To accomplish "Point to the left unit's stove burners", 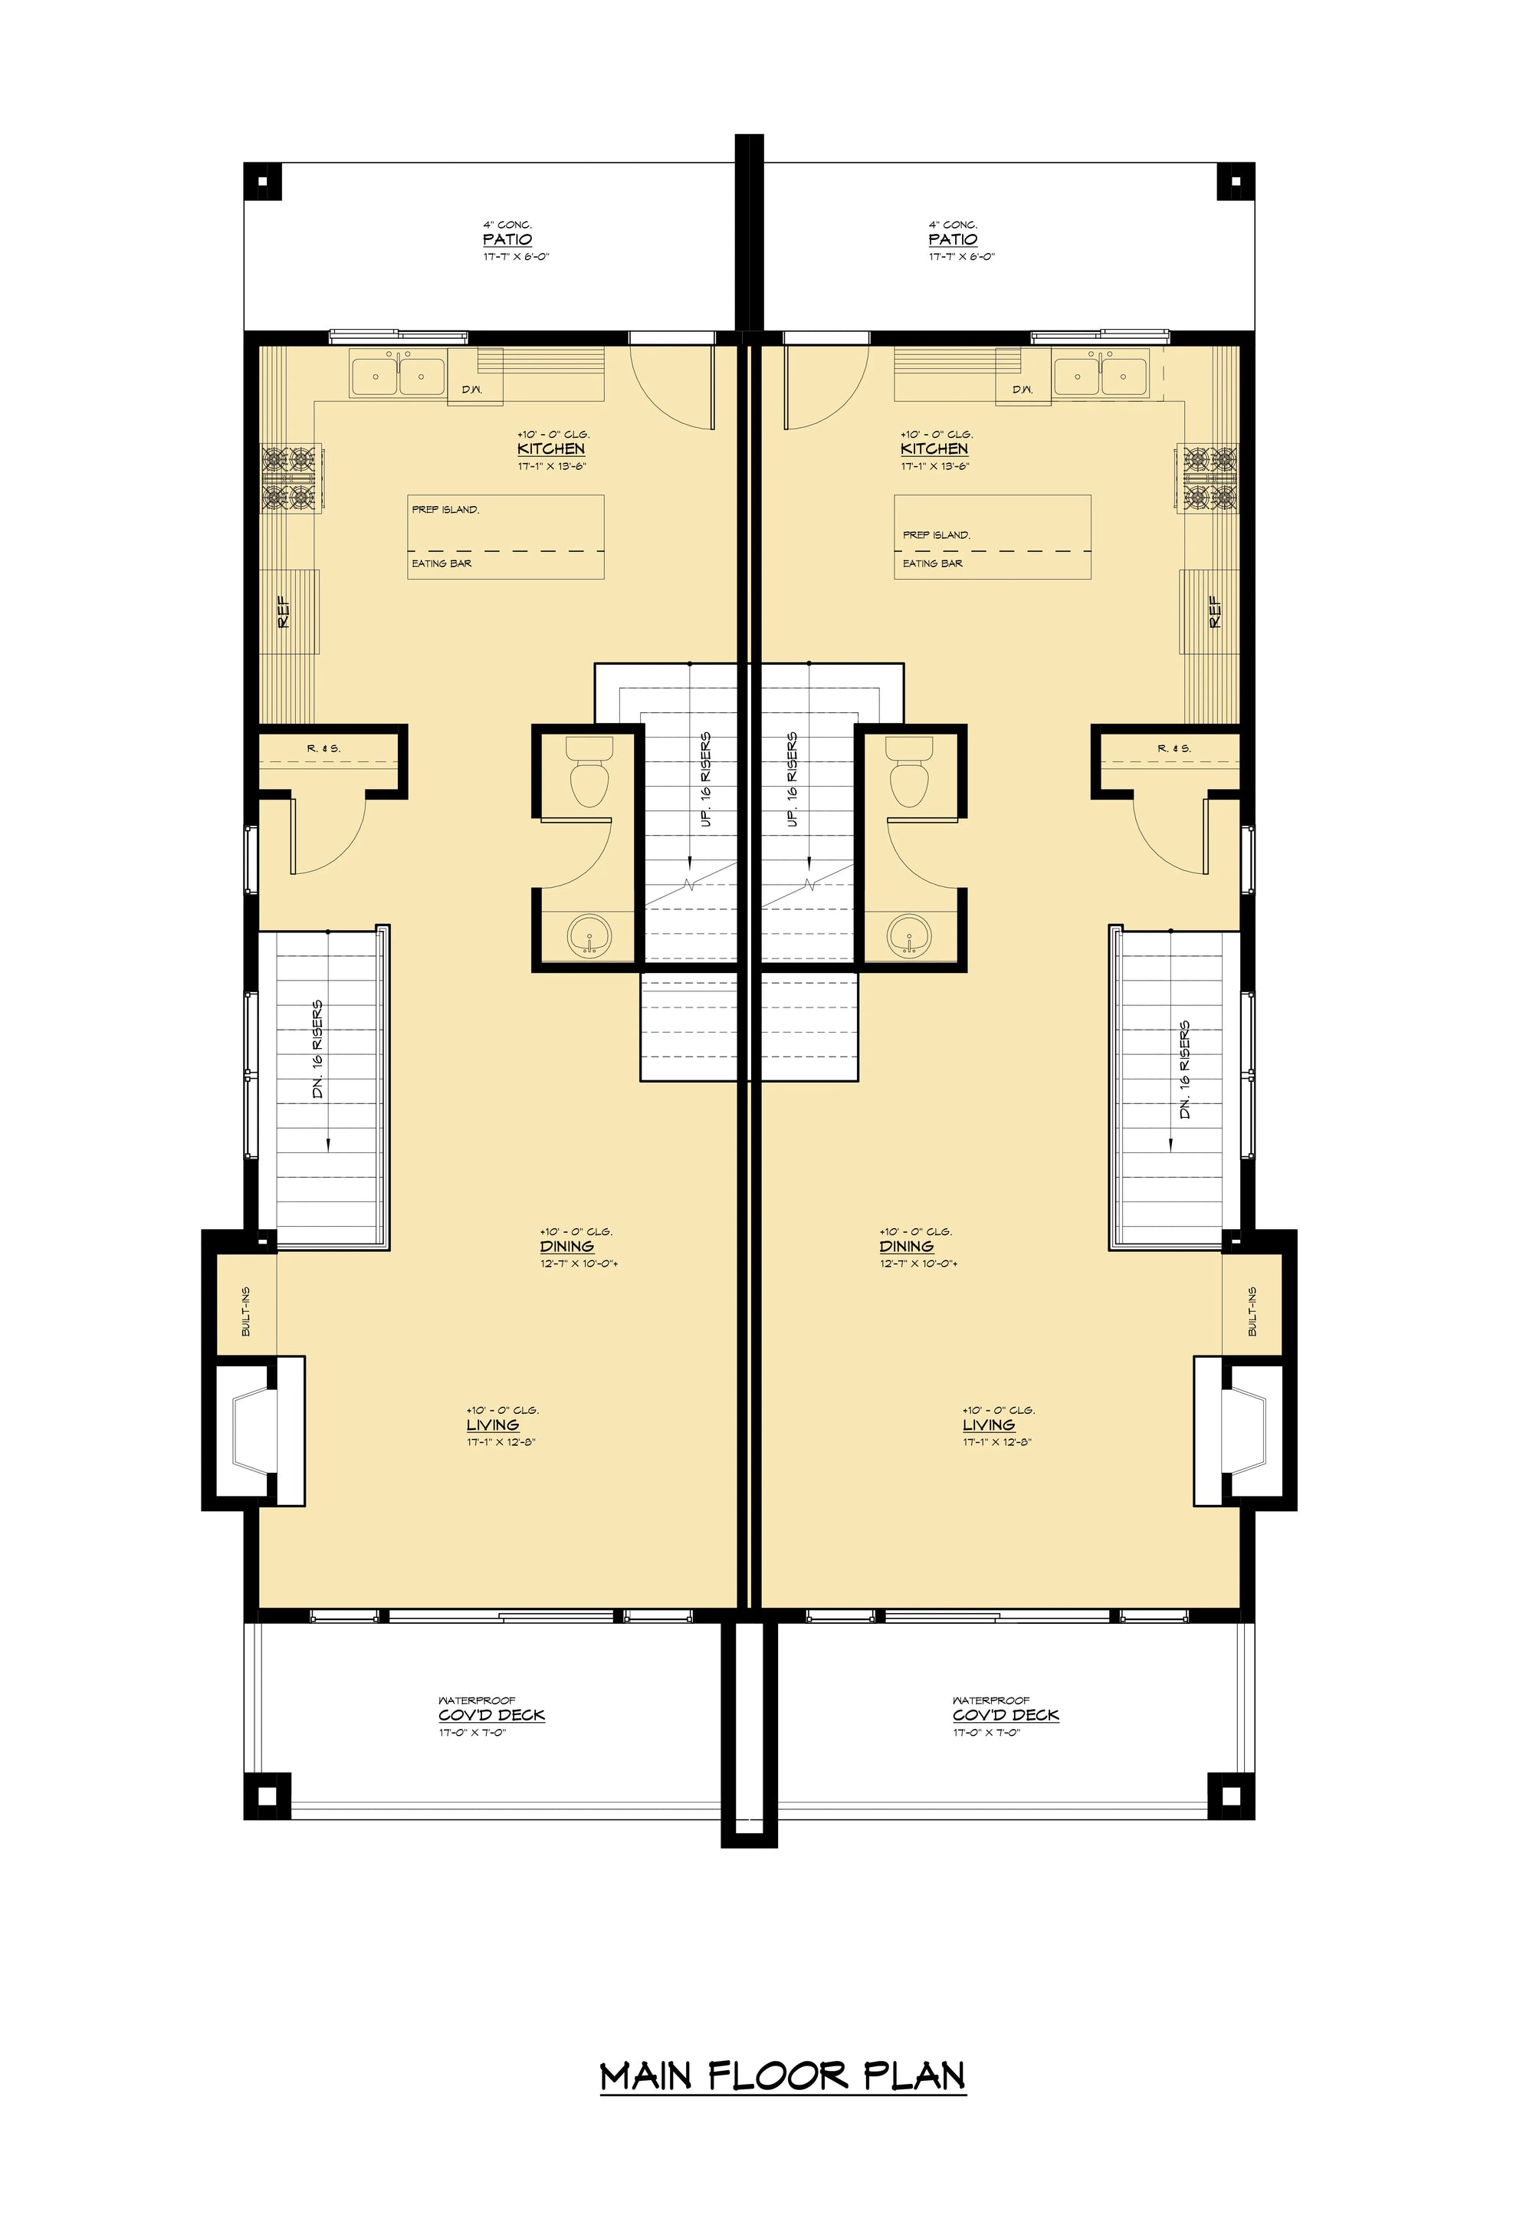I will [x=290, y=481].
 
